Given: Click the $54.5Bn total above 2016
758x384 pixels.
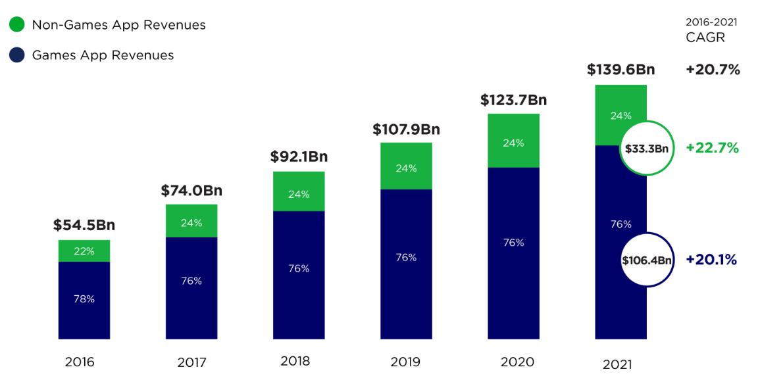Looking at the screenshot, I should point(84,225).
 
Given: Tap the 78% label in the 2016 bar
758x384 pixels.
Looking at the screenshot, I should point(84,299).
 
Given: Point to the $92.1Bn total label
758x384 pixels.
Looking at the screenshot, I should point(299,157).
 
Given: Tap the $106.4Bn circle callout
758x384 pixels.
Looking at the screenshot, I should point(647,260).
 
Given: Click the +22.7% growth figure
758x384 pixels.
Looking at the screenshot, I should point(712,149).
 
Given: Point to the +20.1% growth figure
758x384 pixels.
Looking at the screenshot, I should point(711,260).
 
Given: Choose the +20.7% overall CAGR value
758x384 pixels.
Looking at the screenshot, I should point(713,70).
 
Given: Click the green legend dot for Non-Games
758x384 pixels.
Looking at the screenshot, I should point(17,25).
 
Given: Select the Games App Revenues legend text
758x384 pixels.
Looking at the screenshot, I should point(103,55).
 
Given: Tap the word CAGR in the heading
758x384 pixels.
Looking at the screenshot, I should point(705,37).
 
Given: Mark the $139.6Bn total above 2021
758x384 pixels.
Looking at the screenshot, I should point(620,70).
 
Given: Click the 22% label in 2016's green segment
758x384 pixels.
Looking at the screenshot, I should point(84,251).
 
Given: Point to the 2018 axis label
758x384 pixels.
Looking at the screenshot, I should point(295,361).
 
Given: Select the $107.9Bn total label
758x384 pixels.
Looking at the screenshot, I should point(406,130).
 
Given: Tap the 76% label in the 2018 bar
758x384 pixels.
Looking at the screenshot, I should point(299,269).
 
